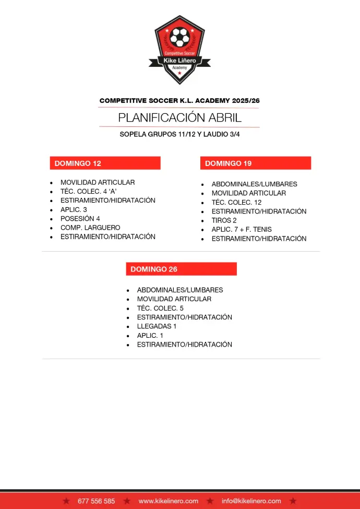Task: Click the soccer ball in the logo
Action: (180, 38)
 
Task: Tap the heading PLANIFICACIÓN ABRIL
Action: (179, 117)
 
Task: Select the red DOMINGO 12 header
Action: (105, 163)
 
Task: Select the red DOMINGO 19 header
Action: (255, 163)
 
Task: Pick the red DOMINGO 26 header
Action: (181, 269)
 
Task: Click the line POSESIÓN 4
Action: (80, 219)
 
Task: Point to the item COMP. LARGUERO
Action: (90, 228)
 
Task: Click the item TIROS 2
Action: (224, 220)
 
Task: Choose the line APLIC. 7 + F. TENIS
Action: (241, 229)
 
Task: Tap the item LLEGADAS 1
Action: (157, 326)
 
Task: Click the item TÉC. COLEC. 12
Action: (236, 203)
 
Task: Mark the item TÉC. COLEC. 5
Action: (160, 308)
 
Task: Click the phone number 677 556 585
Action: (96, 501)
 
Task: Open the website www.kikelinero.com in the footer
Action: (168, 501)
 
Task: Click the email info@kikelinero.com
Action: (251, 501)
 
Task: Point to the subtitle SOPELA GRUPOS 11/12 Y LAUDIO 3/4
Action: (179, 134)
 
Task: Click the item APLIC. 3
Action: (74, 210)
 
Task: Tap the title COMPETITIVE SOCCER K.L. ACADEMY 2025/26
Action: (179, 100)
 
